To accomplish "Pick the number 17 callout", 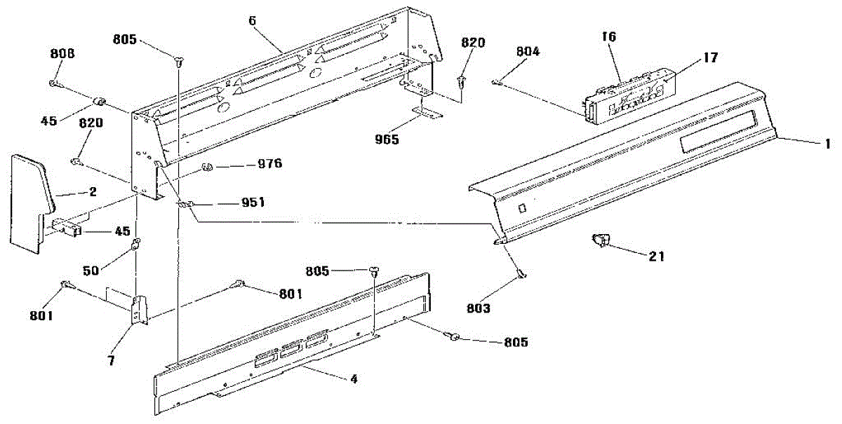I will pos(711,58).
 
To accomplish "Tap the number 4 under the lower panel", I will pos(354,379).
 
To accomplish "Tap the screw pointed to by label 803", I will pos(521,274).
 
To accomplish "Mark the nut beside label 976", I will pos(208,167).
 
